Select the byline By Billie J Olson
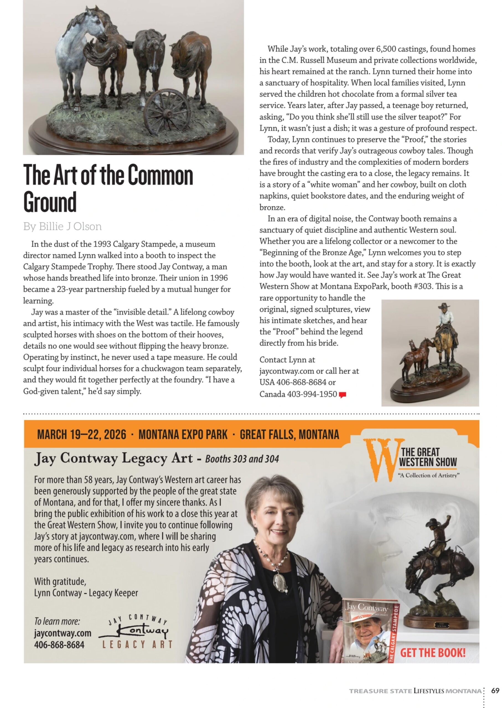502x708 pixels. pyautogui.click(x=62, y=227)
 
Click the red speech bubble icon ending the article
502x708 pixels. pyautogui.click(x=342, y=395)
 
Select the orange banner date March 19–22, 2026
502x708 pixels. pyautogui.click(x=82, y=435)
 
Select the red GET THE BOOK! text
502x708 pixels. pyautogui.click(x=433, y=653)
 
